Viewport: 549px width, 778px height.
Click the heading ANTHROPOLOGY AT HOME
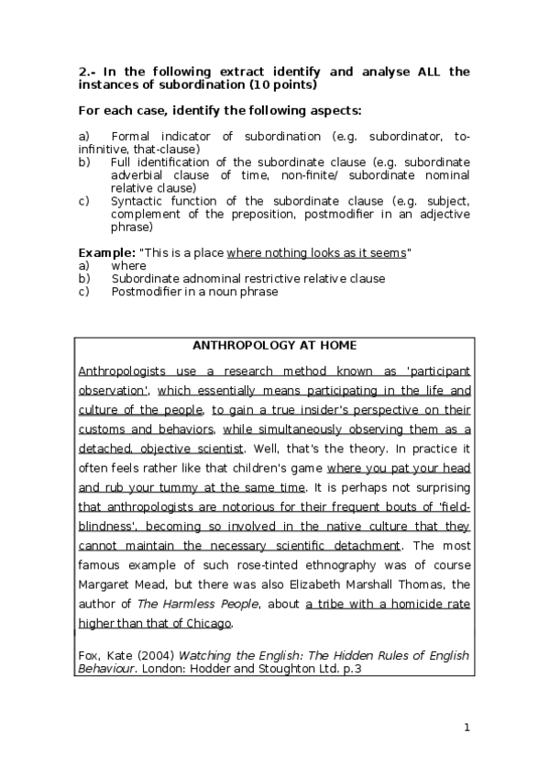pyautogui.click(x=274, y=346)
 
